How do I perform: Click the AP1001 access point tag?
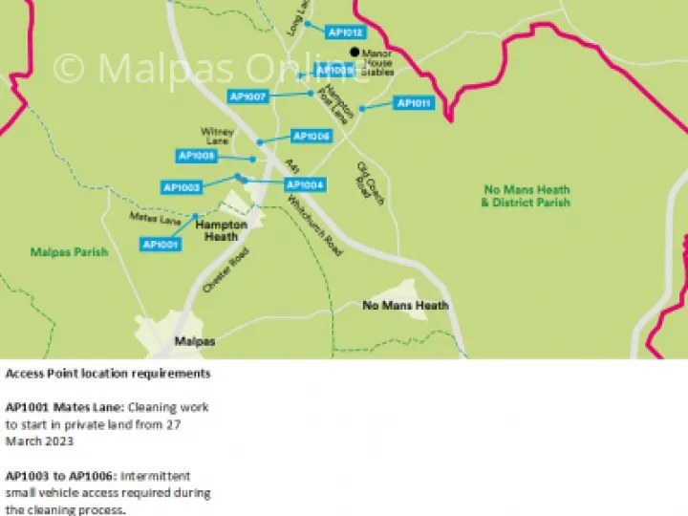[161, 245]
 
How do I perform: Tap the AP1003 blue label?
[182, 187]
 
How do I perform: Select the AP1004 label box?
[306, 184]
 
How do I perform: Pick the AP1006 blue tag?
[311, 137]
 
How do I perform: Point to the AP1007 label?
[247, 97]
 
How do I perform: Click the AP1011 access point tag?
[414, 103]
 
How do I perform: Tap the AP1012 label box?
[345, 32]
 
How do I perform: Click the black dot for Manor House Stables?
[355, 52]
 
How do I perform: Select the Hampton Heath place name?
[222, 230]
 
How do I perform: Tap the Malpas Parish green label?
[69, 252]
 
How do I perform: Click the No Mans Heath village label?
[405, 306]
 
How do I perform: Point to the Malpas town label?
[194, 340]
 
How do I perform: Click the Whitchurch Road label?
[315, 226]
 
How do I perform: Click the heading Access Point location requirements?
[108, 373]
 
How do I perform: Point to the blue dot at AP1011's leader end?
[362, 109]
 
